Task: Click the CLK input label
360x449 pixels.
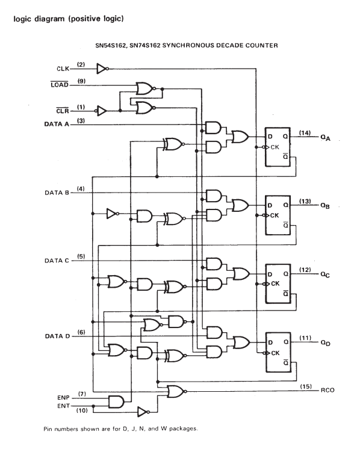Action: click(x=63, y=69)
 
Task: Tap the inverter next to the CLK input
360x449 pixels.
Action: click(x=102, y=69)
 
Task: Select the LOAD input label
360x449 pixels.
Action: click(x=60, y=85)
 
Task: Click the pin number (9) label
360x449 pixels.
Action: click(x=81, y=81)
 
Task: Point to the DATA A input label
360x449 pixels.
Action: click(x=57, y=124)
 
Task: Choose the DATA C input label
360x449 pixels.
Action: click(x=57, y=261)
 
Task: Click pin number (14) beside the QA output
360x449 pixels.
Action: click(x=305, y=133)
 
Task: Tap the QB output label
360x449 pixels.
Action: click(x=324, y=206)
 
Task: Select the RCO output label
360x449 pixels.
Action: click(x=327, y=390)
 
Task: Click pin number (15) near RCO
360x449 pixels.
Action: click(x=306, y=386)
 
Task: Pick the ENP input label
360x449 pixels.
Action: click(x=63, y=397)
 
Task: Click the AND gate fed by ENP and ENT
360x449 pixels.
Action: click(x=116, y=401)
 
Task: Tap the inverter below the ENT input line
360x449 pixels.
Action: click(x=143, y=412)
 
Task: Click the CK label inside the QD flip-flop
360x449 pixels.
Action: click(x=275, y=353)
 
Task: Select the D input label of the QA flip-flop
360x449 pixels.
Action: click(x=270, y=137)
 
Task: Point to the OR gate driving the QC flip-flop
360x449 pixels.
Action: click(x=241, y=274)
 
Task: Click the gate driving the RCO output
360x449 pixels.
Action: click(x=176, y=391)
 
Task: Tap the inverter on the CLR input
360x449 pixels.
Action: click(x=101, y=111)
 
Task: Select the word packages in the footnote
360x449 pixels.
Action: click(x=183, y=429)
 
